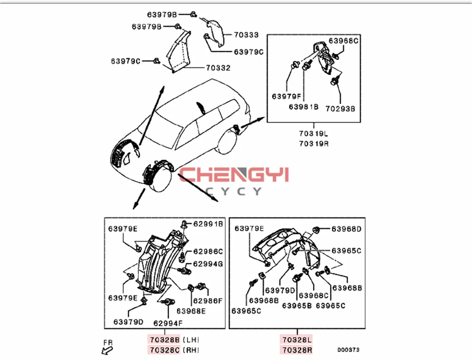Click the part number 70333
[x=246, y=35]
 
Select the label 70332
[x=218, y=68]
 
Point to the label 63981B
[x=304, y=107]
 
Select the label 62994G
[x=207, y=264]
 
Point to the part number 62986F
[x=207, y=300]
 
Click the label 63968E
[x=191, y=311]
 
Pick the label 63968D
[x=346, y=229]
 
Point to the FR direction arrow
[x=107, y=348]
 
